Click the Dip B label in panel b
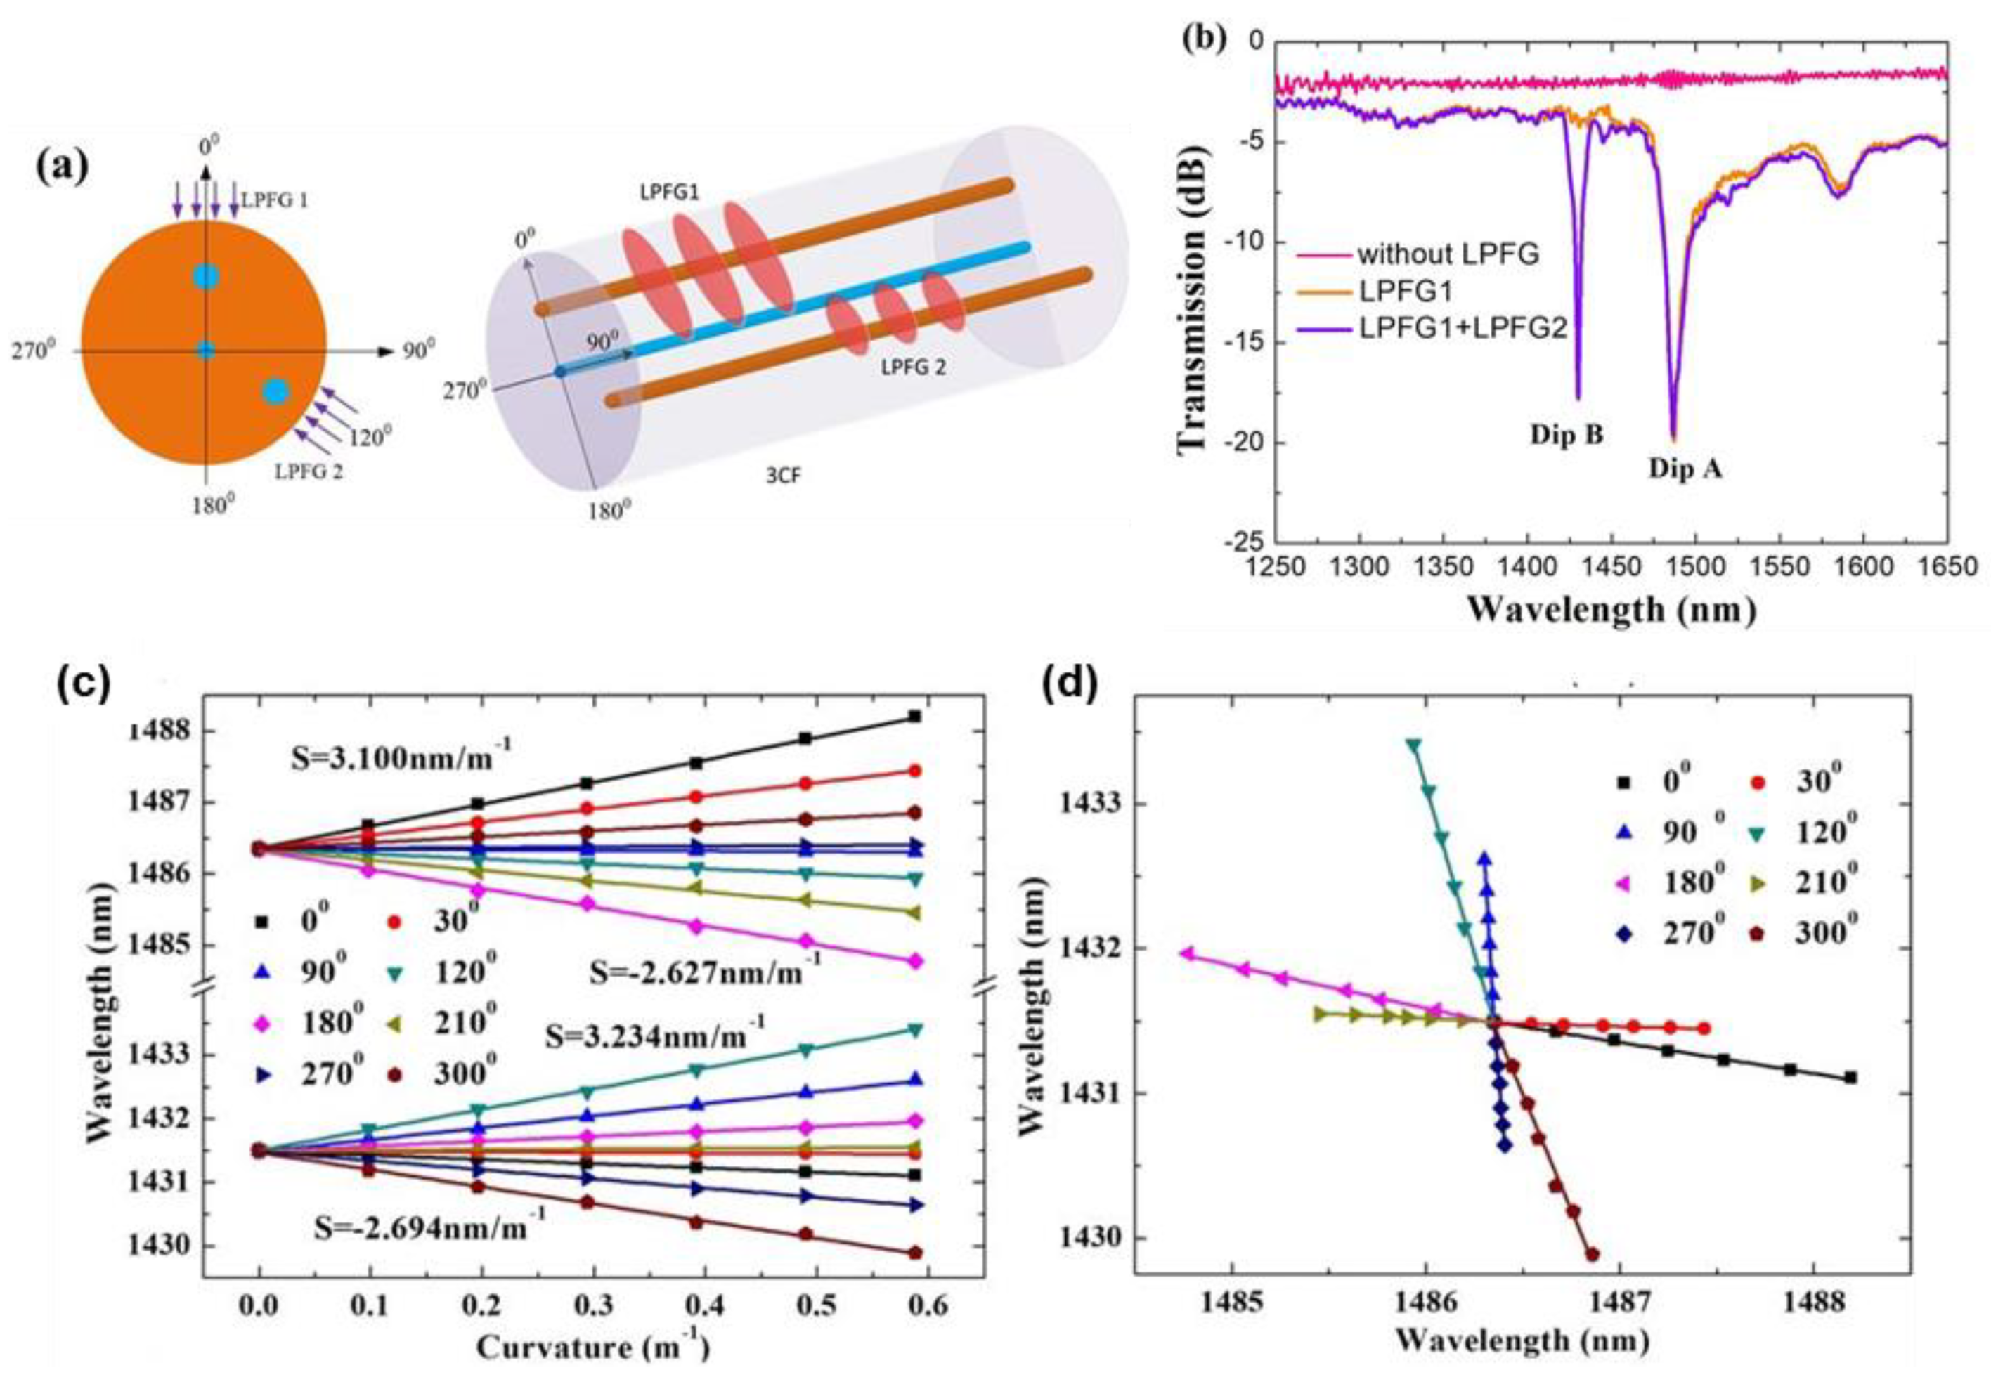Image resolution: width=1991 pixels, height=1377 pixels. click(1567, 435)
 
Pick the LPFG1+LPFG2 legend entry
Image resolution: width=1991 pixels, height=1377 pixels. click(1462, 329)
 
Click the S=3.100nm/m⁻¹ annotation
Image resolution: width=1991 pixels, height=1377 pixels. click(400, 761)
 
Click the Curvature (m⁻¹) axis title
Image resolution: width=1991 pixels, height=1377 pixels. click(594, 1347)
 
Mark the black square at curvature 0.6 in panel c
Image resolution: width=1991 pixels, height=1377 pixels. click(914, 716)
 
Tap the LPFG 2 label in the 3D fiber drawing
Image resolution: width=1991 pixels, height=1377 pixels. click(913, 367)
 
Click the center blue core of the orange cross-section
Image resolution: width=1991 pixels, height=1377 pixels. click(205, 351)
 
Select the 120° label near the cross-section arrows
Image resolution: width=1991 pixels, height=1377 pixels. click(370, 438)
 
